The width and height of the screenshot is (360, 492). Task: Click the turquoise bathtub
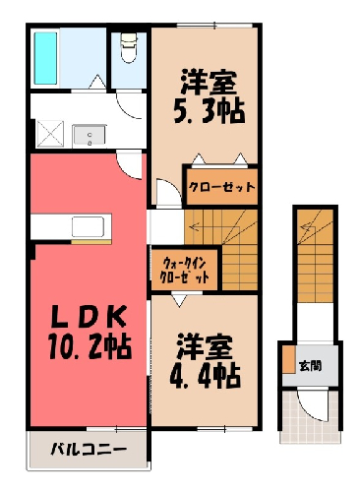[45, 58]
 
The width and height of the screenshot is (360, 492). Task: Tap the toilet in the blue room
[129, 47]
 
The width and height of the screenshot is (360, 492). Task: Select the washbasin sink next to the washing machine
[90, 135]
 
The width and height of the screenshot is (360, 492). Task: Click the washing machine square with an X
[49, 134]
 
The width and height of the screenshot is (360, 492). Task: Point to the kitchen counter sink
[89, 226]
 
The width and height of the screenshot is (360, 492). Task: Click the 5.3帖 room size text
[209, 111]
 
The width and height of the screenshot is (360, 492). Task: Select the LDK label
[90, 316]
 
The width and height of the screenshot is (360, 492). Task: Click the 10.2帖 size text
[90, 346]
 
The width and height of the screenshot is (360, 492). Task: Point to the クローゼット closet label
[221, 187]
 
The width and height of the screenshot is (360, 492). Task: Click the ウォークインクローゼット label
[185, 271]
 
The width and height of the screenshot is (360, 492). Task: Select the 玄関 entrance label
[311, 366]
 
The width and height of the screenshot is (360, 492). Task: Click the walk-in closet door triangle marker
[179, 300]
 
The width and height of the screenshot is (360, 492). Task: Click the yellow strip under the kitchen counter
[91, 242]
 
